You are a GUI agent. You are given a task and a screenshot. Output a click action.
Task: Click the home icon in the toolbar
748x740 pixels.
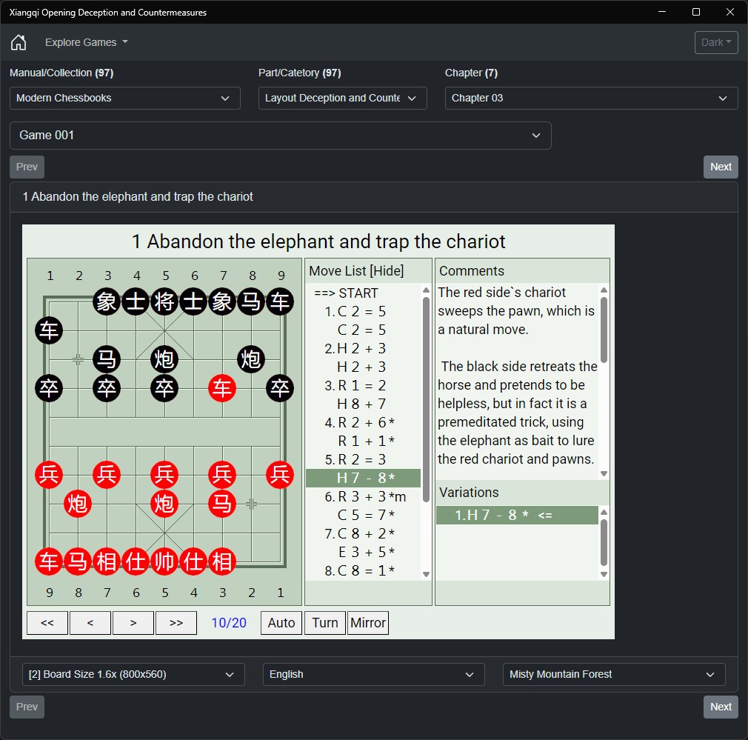click(x=19, y=42)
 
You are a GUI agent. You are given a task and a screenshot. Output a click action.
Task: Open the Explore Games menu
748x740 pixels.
click(x=87, y=42)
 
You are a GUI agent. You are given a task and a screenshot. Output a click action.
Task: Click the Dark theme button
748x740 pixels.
click(x=716, y=42)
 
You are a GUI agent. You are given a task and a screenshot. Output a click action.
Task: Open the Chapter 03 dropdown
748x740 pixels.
click(x=591, y=98)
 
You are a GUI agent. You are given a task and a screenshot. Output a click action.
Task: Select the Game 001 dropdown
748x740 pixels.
click(x=281, y=136)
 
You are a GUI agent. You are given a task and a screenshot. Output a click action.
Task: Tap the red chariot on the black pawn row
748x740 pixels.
click(x=222, y=388)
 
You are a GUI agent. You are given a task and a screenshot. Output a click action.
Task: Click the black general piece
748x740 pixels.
click(x=164, y=301)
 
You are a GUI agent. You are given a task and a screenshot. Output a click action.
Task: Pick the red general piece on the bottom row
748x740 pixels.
click(x=164, y=561)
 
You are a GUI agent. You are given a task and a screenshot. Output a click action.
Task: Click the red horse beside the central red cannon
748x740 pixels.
click(x=222, y=504)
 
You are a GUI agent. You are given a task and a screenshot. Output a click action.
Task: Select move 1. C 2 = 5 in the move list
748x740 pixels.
click(x=355, y=312)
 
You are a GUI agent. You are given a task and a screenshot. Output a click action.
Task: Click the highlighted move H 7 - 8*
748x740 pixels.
click(x=363, y=478)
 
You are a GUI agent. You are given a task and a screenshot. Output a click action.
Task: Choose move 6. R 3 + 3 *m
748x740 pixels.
click(x=365, y=497)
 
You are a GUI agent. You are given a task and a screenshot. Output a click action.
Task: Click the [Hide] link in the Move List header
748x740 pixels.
click(x=387, y=271)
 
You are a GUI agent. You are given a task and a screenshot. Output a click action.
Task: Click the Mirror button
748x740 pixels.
click(x=368, y=623)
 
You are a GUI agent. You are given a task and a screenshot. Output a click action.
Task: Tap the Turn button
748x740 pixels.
click(x=325, y=623)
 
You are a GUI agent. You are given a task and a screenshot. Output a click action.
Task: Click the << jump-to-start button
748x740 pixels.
click(x=47, y=623)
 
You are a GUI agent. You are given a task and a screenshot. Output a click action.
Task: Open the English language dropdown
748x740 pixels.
click(x=373, y=674)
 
